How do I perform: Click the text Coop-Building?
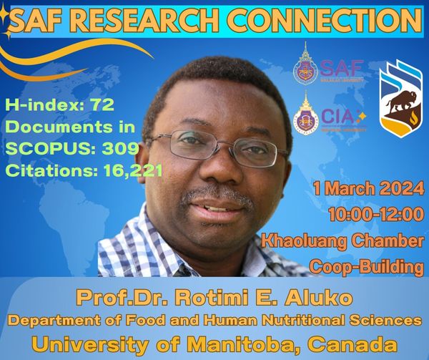pyautogui.click(x=367, y=268)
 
